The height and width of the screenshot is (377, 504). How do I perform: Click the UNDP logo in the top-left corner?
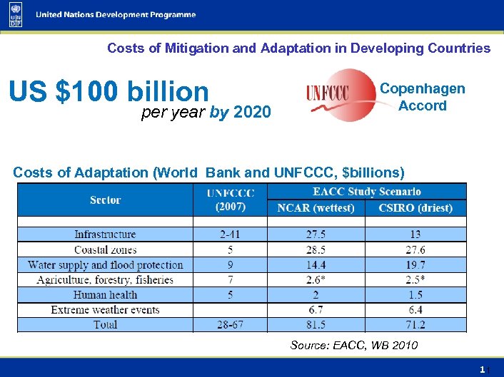coord(16,15)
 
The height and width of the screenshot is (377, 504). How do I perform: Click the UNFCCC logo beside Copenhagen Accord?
coord(341,95)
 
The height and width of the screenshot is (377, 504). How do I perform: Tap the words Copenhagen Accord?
coord(423,97)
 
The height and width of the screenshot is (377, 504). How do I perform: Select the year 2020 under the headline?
coord(252,112)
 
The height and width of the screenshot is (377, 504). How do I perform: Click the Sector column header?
coord(105,200)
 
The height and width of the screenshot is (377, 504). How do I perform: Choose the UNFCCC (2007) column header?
coord(230,200)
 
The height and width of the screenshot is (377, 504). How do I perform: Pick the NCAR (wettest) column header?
coord(316,208)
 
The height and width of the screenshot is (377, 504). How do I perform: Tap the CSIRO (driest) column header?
coord(415,208)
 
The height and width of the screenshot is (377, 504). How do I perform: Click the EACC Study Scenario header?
coord(366,192)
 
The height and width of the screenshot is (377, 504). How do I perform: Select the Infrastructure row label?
coord(105,234)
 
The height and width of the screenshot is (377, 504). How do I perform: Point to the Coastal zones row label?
coord(105,249)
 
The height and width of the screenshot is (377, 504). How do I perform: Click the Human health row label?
coord(105,294)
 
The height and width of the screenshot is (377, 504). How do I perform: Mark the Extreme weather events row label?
coord(105,309)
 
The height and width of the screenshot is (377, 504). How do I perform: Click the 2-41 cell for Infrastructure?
coord(230,234)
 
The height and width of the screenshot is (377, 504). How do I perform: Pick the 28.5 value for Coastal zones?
coord(316,249)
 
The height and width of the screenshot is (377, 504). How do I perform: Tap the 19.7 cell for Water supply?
coord(415,264)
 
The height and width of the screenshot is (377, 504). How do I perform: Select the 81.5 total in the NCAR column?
coord(316,325)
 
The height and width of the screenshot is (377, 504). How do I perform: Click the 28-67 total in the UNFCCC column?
coord(230,325)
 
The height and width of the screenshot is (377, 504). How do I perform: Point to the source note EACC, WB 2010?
coord(354,346)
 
